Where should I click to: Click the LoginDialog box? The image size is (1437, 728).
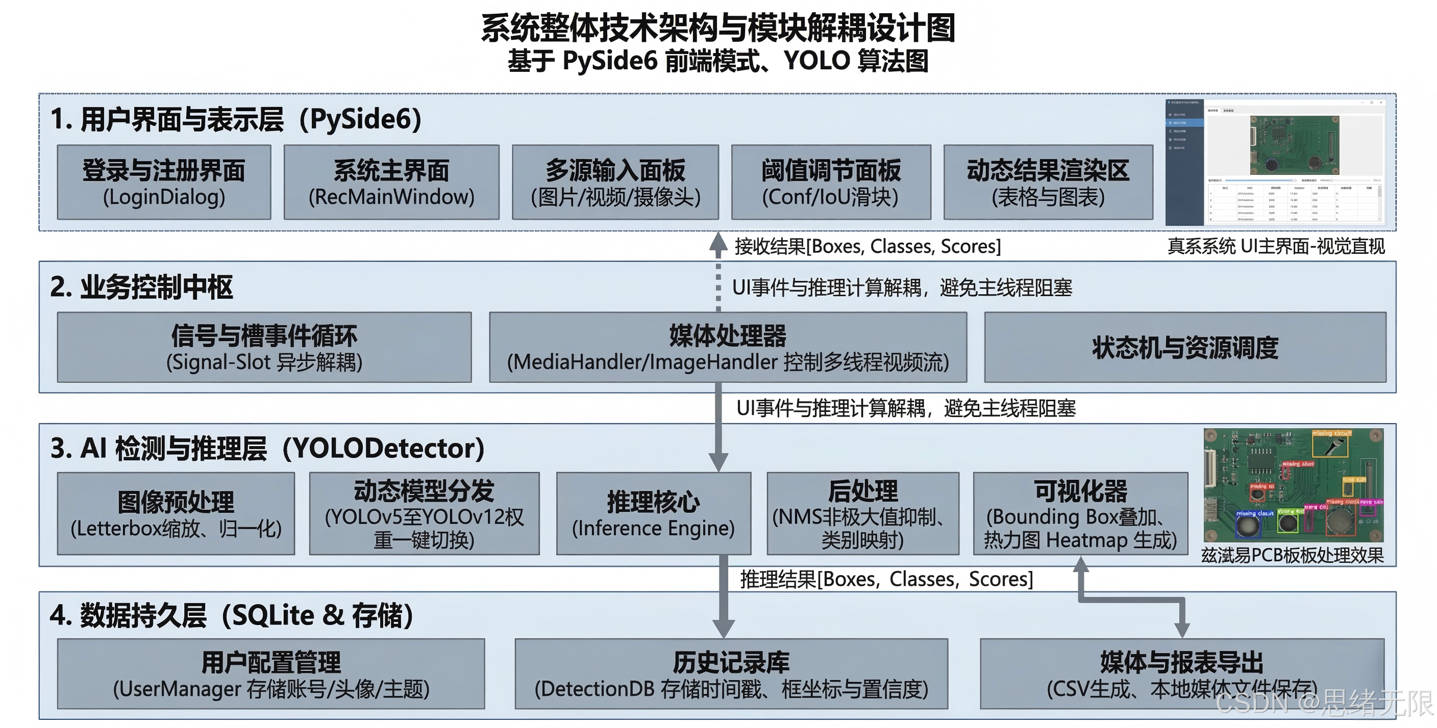[x=164, y=183]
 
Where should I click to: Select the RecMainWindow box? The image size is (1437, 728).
[x=391, y=183]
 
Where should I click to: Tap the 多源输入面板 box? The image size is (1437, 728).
[x=615, y=183]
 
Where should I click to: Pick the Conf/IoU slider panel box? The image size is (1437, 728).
[x=831, y=183]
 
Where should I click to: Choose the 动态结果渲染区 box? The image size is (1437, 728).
[x=1048, y=183]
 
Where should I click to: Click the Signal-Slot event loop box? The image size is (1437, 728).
[x=264, y=347]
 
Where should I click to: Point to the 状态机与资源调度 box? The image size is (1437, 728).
[x=1185, y=347]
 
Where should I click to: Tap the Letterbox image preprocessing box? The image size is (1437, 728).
[x=176, y=513]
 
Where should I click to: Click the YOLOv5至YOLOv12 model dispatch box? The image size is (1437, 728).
[x=424, y=513]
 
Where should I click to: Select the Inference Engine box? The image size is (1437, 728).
[x=653, y=513]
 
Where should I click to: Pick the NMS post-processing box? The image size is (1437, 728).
[x=862, y=513]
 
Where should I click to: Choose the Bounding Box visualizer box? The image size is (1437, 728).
[x=1080, y=513]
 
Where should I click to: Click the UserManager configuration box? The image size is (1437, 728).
[x=271, y=673]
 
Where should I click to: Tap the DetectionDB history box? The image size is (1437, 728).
[x=731, y=673]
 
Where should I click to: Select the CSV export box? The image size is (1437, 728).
[x=1181, y=673]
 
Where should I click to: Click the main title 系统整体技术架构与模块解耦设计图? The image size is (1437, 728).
[x=718, y=28]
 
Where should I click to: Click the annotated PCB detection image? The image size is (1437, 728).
[x=1293, y=485]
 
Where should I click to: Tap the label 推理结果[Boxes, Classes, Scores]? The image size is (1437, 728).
[x=886, y=579]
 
